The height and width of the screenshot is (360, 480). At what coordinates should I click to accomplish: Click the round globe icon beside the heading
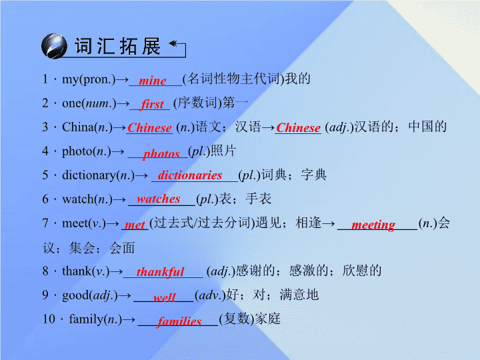(x=54, y=46)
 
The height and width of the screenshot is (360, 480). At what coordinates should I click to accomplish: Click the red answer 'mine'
(x=153, y=81)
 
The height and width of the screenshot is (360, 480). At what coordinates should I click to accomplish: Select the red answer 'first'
(x=153, y=104)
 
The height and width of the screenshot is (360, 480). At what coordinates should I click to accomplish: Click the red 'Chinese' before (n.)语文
(x=149, y=127)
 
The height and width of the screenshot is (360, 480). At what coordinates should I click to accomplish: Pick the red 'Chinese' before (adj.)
(x=298, y=127)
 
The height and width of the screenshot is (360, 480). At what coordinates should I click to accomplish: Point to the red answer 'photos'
(x=161, y=154)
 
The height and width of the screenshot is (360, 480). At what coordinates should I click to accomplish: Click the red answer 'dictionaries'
(x=190, y=175)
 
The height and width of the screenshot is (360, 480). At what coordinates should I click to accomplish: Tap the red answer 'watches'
(x=158, y=199)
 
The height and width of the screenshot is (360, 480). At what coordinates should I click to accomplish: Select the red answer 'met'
(x=135, y=225)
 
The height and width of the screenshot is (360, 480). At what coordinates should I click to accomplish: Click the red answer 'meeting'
(x=373, y=225)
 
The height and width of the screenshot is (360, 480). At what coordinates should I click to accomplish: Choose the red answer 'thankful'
(x=160, y=271)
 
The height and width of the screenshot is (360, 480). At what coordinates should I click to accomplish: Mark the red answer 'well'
(x=165, y=297)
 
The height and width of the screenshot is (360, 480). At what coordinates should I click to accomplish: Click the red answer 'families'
(x=179, y=321)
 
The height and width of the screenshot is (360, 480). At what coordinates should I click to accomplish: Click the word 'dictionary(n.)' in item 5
(x=98, y=175)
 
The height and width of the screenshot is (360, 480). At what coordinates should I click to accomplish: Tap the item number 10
(x=49, y=319)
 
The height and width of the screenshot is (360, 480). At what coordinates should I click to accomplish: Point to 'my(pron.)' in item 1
(x=89, y=79)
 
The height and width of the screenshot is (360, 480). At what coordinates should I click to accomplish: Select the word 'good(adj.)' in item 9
(x=90, y=295)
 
